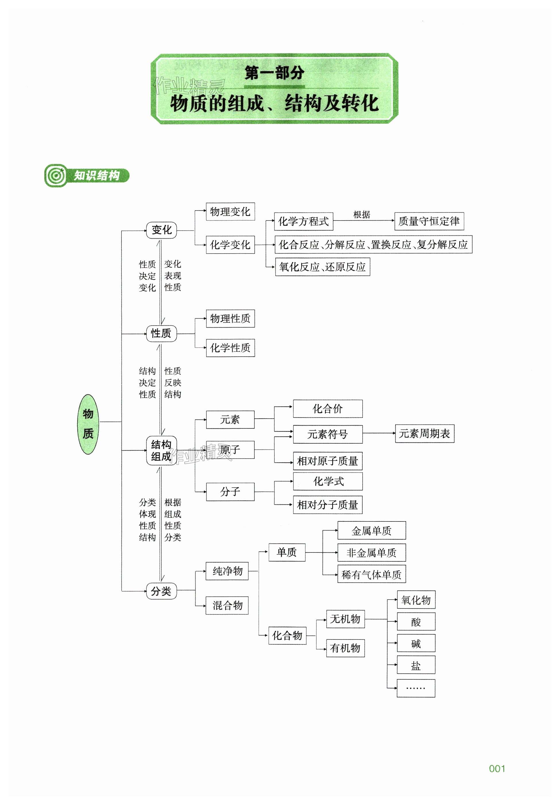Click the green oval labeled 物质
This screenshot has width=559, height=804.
(88, 424)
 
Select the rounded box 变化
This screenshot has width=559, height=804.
(161, 230)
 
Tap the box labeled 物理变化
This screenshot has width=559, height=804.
(230, 212)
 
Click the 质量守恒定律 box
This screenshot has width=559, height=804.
(429, 221)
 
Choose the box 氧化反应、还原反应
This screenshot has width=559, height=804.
(322, 267)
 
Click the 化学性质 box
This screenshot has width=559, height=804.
(230, 348)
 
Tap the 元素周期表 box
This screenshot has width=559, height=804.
(424, 434)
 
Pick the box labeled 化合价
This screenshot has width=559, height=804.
(327, 409)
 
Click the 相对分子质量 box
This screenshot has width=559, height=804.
(327, 505)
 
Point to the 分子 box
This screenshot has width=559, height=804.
(230, 492)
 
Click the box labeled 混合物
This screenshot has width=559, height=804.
(227, 606)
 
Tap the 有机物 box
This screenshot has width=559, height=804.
(345, 648)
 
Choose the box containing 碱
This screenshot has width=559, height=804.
(416, 643)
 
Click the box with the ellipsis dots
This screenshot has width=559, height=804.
(416, 688)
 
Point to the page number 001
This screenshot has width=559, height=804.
(497, 769)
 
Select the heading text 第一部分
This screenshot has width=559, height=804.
(274, 73)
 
